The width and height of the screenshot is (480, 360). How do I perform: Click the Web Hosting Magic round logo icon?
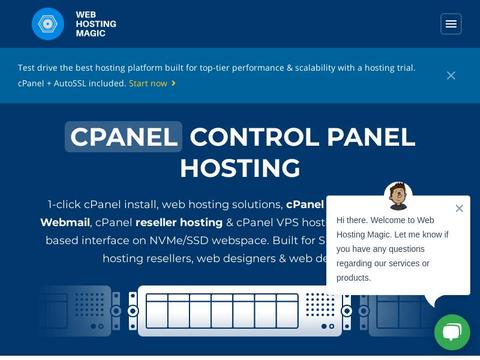[47, 24]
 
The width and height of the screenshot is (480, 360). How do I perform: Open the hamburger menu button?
[451, 24]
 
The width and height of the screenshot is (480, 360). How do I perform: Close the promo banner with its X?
[451, 75]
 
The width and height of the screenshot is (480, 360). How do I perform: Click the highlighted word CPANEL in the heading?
[124, 136]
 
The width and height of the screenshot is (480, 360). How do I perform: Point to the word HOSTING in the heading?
[240, 167]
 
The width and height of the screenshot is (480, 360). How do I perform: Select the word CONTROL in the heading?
[251, 136]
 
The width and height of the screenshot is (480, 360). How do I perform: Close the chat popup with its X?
[459, 208]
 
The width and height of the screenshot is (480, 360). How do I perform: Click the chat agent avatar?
[398, 195]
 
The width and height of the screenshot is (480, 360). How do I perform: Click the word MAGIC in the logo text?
[91, 33]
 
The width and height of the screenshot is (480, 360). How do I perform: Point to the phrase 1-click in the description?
[67, 203]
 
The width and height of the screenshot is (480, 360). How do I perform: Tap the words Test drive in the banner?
[41, 68]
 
